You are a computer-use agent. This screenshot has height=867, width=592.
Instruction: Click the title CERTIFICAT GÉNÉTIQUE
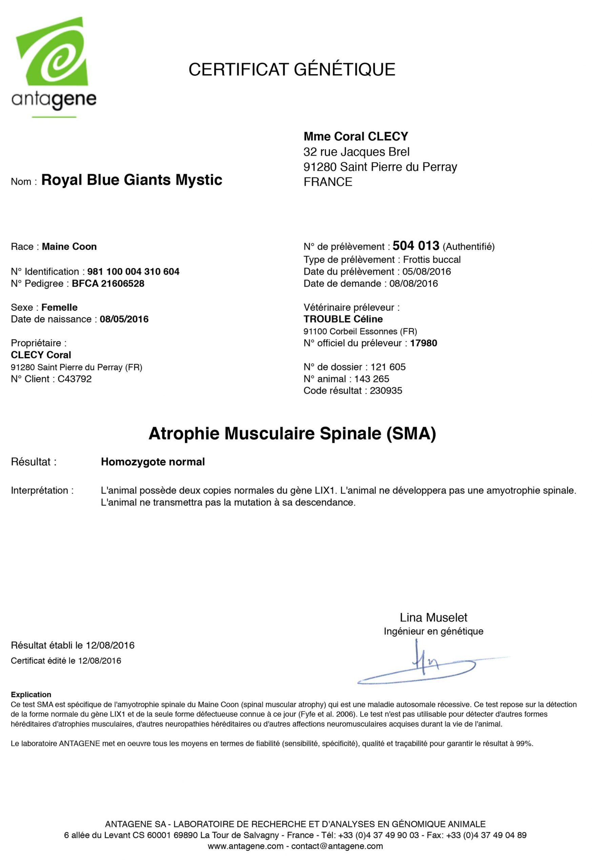coord(291,70)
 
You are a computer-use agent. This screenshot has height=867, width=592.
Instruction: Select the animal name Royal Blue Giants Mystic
coord(132,180)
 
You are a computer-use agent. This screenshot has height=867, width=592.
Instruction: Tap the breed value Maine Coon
coord(69,247)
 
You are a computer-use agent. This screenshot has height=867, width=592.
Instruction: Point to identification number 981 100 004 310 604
coord(133,272)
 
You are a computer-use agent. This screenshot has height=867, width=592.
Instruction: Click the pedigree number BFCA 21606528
coord(108,283)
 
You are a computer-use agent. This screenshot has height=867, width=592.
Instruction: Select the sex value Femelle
coord(59,308)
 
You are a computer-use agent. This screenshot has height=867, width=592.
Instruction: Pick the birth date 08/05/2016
coord(124,319)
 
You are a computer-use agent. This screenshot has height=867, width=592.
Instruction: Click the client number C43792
coord(74,379)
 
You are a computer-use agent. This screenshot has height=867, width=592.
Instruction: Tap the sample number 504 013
coord(415,246)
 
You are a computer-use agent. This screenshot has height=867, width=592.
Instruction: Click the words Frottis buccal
coord(431,260)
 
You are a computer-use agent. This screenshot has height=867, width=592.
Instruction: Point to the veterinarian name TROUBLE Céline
coord(343,319)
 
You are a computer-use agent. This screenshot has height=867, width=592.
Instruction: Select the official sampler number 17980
coord(423,343)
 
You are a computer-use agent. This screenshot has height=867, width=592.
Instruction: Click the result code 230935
coord(386,391)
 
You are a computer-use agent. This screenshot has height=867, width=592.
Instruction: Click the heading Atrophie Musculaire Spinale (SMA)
coord(292,433)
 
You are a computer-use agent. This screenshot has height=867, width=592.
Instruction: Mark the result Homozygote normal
coord(153,462)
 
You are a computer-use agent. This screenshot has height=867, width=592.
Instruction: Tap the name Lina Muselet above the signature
coord(433,618)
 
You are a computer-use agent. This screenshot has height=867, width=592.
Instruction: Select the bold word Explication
coord(31,695)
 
